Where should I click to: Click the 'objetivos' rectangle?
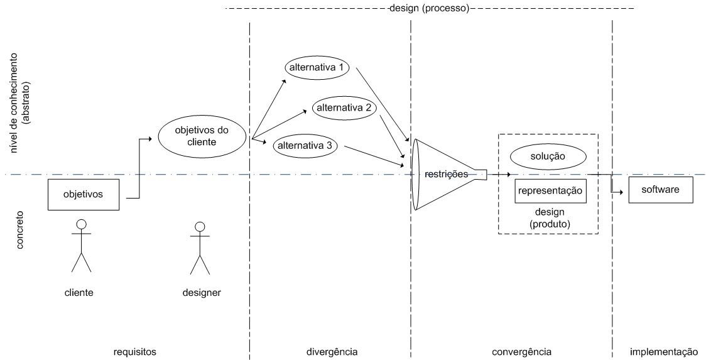[x=83, y=194]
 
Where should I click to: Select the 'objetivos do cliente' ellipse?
[x=202, y=136]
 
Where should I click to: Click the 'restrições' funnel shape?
[x=445, y=175]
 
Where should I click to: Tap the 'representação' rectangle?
[x=550, y=191]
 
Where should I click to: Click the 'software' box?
[x=660, y=190]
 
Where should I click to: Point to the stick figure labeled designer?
[x=200, y=248]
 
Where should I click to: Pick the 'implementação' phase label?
[x=664, y=351]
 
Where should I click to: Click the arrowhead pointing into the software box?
[x=624, y=194]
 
